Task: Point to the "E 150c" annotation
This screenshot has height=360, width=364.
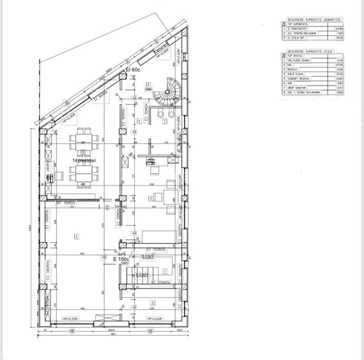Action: pos(122,259)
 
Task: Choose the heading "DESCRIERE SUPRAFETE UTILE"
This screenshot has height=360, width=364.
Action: pos(310,51)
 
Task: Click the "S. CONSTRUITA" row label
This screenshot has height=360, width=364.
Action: pos(298,29)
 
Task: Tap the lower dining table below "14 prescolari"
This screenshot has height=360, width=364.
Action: pos(84,174)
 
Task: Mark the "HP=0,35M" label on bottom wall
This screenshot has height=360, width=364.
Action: pos(70,318)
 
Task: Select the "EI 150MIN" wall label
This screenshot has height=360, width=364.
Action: pos(155,249)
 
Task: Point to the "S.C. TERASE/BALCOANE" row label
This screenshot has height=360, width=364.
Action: pos(303,33)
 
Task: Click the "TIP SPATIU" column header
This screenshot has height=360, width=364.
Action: pos(295,56)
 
